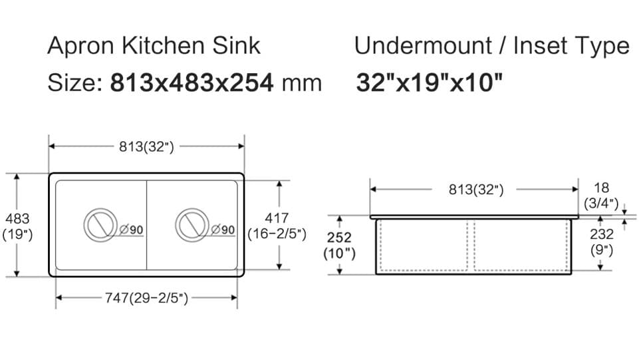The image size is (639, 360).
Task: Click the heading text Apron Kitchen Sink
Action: tap(154, 46)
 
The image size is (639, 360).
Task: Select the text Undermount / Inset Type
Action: tap(491, 46)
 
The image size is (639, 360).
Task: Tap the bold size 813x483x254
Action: tap(192, 83)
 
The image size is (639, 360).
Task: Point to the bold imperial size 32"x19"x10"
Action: tap(429, 83)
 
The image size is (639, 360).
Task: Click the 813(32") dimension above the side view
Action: tap(476, 190)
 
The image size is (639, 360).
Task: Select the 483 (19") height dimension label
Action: tap(17, 226)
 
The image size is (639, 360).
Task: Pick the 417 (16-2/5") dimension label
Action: tap(277, 226)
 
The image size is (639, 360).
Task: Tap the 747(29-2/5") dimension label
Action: tap(146, 298)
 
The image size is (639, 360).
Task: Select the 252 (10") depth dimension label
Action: tap(340, 246)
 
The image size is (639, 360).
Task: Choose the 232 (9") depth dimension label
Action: tap(602, 242)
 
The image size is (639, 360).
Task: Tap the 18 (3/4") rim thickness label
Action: tap(602, 196)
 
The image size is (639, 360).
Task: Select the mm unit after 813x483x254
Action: tap(302, 84)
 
